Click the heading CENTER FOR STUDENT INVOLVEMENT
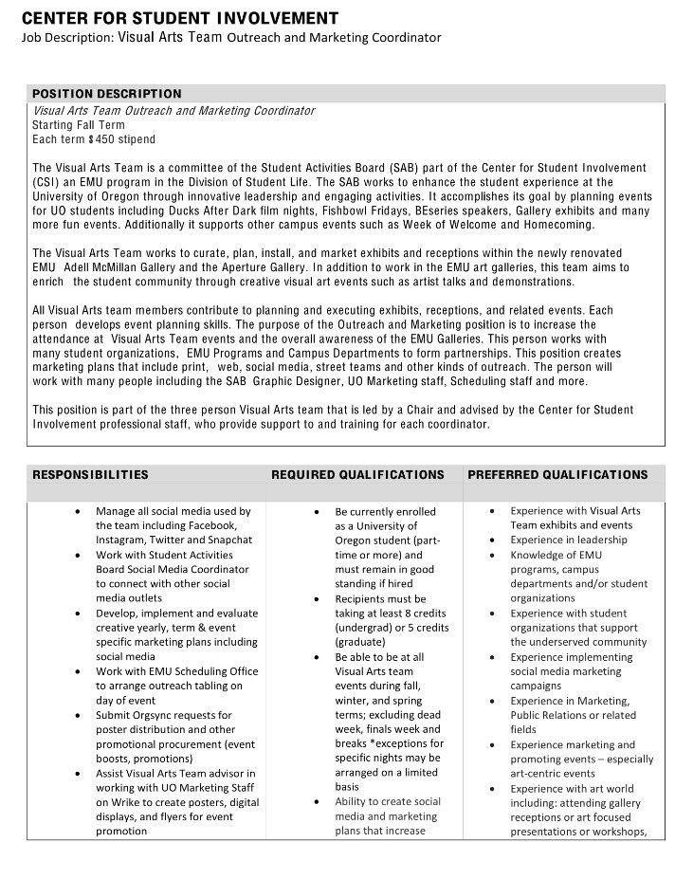pos(180,18)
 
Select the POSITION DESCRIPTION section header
pos(106,94)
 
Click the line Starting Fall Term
pos(78,125)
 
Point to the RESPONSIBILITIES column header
pos(90,474)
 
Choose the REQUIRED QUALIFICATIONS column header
pos(357,474)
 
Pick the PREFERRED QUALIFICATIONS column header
pos(558,474)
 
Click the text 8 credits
pos(421,613)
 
